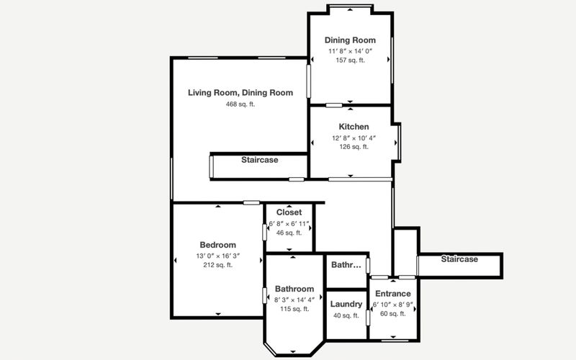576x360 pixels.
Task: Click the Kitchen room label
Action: click(354, 127)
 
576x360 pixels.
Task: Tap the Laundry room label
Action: click(346, 304)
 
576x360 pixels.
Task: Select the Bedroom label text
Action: click(218, 245)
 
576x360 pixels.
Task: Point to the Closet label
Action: click(289, 212)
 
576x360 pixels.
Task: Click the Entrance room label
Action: click(392, 294)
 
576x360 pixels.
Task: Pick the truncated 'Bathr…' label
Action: click(346, 265)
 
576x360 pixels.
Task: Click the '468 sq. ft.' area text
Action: click(240, 104)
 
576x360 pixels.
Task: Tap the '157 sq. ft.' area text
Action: click(351, 60)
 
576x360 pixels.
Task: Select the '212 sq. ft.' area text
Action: click(218, 265)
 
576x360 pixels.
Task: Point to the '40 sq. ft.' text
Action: click(346, 315)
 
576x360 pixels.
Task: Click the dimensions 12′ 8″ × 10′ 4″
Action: click(354, 138)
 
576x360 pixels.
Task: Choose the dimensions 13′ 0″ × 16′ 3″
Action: click(218, 256)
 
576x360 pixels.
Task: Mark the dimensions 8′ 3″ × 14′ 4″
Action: click(294, 300)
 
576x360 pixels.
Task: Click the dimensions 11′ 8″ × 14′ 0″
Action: click(351, 51)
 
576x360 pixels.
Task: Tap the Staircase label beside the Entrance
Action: click(459, 259)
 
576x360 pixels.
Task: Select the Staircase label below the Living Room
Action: click(260, 160)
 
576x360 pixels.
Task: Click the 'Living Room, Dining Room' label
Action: click(240, 93)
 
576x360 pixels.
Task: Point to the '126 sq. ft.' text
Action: click(354, 147)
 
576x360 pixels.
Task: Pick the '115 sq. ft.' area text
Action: click(294, 309)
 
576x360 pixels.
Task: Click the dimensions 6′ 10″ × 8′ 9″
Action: click(393, 305)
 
